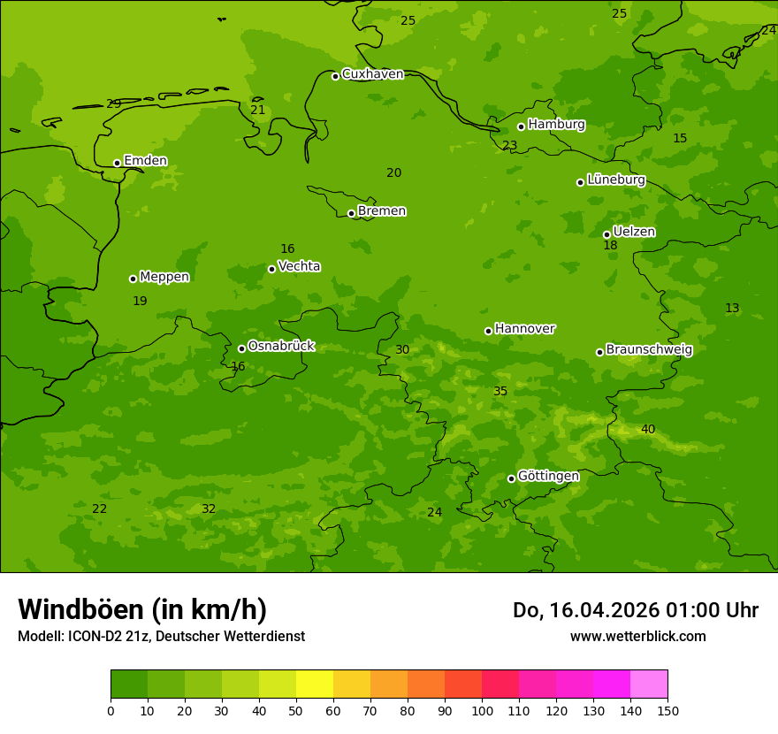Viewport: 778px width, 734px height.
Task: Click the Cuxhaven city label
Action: click(372, 74)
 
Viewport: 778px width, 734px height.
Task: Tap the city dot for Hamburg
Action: click(521, 126)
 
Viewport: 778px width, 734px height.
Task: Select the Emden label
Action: click(145, 161)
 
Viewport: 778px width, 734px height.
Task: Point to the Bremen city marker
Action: click(351, 213)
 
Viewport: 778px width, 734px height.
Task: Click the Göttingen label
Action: click(548, 477)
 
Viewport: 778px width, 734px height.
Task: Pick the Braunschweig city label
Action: click(649, 350)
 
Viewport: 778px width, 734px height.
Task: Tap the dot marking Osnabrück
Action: click(241, 348)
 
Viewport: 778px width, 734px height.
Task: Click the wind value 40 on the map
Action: click(648, 430)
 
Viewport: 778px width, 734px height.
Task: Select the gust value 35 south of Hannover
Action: click(500, 392)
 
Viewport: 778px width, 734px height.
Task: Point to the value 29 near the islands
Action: click(113, 104)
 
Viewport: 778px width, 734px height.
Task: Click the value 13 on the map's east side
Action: click(732, 309)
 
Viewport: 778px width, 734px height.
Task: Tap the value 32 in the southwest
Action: click(209, 509)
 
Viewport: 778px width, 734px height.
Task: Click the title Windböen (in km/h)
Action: click(142, 609)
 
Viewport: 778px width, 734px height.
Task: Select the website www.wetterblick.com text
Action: click(637, 637)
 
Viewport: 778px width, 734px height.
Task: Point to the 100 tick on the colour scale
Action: click(482, 710)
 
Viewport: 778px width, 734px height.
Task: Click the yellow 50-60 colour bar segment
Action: click(315, 684)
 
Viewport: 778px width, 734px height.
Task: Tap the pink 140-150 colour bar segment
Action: click(649, 684)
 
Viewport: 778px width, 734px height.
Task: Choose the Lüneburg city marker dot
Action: click(580, 182)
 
